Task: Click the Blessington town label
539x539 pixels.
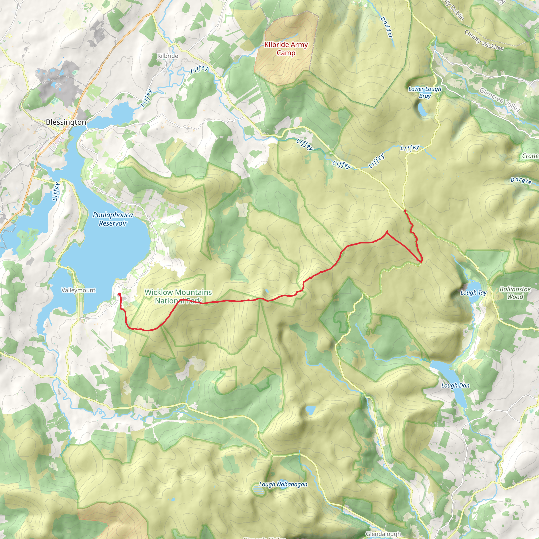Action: [66, 122]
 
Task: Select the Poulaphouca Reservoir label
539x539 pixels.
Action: [113, 219]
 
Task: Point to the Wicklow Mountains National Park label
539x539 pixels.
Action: [178, 296]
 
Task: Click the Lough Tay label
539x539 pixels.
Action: [473, 293]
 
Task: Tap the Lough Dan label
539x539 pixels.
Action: [455, 386]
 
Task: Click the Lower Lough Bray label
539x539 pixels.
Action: [425, 92]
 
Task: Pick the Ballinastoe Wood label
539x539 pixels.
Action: [515, 293]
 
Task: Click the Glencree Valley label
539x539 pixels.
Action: [500, 99]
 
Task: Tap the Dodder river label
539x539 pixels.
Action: [386, 27]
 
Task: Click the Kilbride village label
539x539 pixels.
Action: [168, 56]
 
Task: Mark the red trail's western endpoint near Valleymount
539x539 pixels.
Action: [119, 294]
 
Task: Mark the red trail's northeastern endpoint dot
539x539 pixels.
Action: [405, 211]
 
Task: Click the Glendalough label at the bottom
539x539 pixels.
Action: [383, 534]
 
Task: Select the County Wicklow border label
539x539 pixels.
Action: [484, 41]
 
